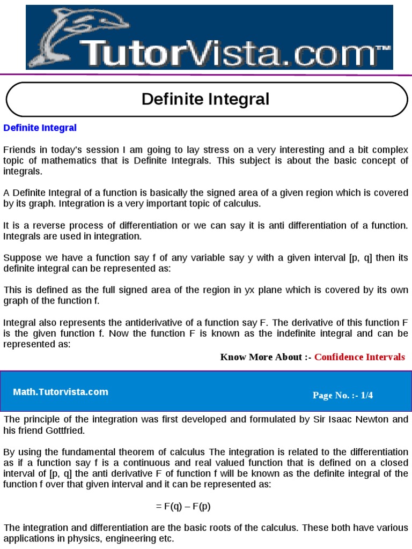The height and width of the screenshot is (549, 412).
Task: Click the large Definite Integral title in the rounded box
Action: [x=205, y=99]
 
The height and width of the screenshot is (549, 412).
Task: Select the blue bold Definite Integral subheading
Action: [x=40, y=128]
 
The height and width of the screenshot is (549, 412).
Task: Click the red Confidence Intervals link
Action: [x=359, y=357]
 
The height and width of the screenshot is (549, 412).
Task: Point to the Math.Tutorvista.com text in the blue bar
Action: [x=61, y=392]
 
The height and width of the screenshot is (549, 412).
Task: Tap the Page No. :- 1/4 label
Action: [x=342, y=395]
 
